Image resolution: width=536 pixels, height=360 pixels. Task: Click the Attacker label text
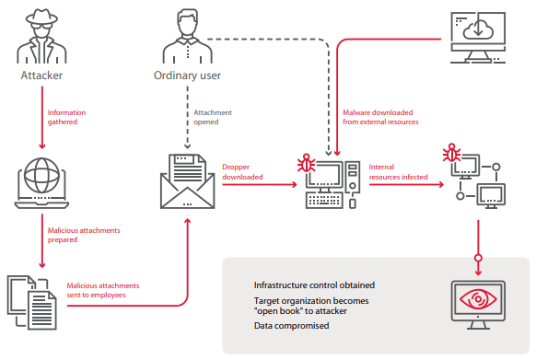point(41,75)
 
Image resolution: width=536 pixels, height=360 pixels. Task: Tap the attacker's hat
point(41,17)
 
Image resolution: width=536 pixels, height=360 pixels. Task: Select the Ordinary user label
point(187,75)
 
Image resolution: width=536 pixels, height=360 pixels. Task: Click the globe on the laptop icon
point(41,175)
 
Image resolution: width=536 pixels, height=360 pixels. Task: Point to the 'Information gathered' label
point(66,117)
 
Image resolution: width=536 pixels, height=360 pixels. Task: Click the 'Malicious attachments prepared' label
point(84,235)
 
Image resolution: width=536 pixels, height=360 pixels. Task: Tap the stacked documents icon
point(32,303)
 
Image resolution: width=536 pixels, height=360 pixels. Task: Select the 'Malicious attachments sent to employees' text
point(103,290)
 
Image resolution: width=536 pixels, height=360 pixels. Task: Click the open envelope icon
point(187,181)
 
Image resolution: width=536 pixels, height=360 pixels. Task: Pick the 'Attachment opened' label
point(213,117)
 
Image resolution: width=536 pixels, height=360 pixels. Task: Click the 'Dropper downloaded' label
point(242,171)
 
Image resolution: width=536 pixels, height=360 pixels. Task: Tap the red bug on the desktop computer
point(307,163)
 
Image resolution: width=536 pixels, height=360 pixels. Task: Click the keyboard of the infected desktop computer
point(324,200)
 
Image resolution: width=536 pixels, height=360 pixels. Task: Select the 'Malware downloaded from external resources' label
point(380,117)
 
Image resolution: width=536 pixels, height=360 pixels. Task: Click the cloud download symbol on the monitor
point(478,29)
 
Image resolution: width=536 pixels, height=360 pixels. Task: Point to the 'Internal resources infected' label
point(398,171)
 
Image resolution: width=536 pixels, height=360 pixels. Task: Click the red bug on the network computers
point(451,153)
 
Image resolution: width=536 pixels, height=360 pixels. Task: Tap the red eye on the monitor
point(478,299)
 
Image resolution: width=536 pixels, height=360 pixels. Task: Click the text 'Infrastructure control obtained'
point(314,285)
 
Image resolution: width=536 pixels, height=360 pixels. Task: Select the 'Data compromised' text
point(292,325)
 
